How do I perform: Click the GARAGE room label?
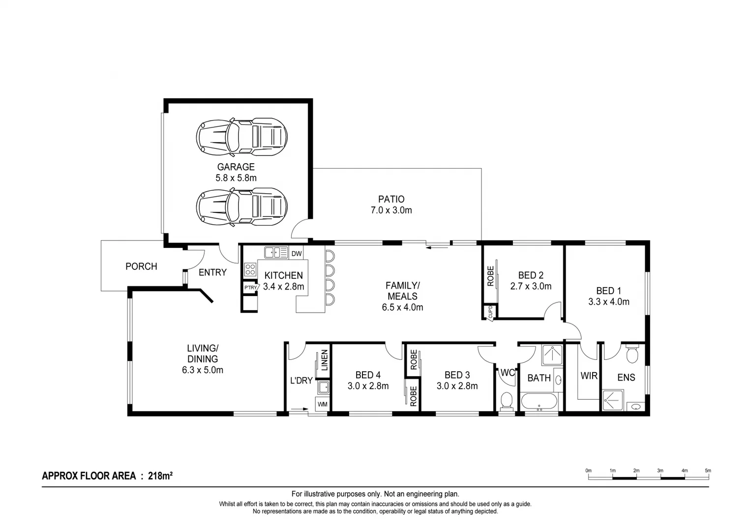236,167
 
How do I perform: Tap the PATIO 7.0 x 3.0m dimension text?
391,210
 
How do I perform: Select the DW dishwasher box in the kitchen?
297,254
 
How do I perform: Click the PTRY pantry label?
250,288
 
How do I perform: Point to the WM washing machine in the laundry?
322,404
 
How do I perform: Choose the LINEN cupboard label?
325,360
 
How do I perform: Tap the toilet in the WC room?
506,400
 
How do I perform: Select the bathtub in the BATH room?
539,402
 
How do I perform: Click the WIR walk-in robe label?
589,376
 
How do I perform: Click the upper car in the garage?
241,134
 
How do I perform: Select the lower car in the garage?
241,206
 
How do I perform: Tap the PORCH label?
141,266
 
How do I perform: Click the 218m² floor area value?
160,476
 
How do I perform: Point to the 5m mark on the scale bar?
708,471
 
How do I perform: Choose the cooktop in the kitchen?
250,269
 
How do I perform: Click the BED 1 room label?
608,291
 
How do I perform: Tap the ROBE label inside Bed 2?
490,276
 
